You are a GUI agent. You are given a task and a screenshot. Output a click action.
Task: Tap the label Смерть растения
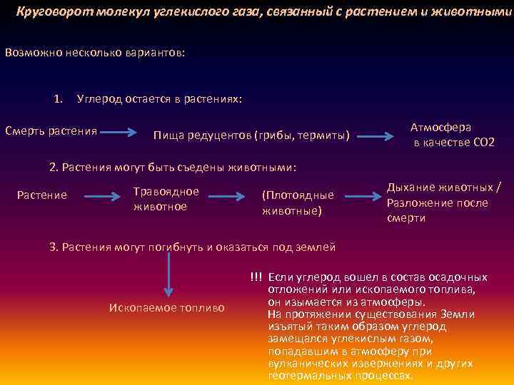pyautogui.click(x=51, y=130)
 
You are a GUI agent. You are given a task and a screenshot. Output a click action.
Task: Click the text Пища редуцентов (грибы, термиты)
pyautogui.click(x=251, y=135)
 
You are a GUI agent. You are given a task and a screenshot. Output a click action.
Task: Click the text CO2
pyautogui.click(x=483, y=143)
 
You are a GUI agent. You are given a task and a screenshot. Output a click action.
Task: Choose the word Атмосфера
pyautogui.click(x=440, y=127)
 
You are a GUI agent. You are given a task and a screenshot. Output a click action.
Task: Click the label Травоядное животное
pyautogui.click(x=166, y=198)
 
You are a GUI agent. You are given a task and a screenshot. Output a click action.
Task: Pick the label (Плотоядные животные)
pyautogui.click(x=298, y=202)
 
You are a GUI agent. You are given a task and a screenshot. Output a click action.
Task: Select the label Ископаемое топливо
pyautogui.click(x=166, y=307)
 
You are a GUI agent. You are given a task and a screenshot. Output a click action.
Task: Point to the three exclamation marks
pyautogui.click(x=256, y=277)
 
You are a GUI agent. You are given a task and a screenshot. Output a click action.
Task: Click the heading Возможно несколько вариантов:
pyautogui.click(x=94, y=53)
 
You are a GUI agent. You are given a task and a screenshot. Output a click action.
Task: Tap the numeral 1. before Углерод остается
pyautogui.click(x=59, y=98)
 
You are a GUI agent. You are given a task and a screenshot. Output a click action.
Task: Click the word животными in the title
pyautogui.click(x=478, y=12)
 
